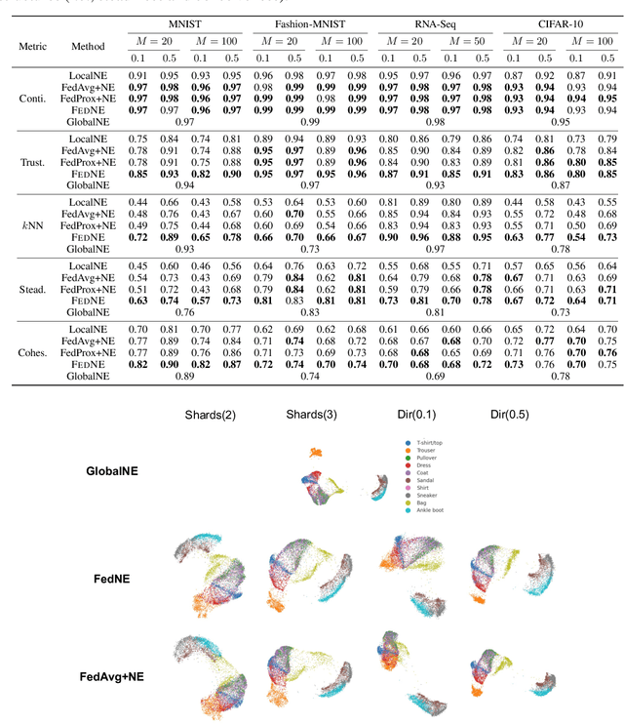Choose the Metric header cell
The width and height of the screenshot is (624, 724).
tap(25, 46)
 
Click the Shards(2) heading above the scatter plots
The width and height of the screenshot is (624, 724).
tap(211, 415)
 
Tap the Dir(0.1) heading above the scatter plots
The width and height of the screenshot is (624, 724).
tap(401, 415)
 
